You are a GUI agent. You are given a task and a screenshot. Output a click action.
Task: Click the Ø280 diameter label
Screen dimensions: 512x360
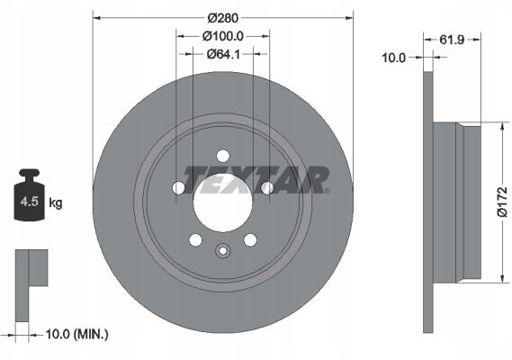(x=223, y=18)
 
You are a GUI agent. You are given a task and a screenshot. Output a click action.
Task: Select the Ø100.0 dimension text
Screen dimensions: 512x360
(x=223, y=36)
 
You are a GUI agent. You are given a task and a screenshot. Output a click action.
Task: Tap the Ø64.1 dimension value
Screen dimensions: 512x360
(x=223, y=54)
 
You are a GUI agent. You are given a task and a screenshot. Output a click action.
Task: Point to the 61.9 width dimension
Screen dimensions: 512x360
(x=452, y=40)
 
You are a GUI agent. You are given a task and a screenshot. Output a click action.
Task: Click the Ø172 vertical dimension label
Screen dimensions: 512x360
(x=502, y=202)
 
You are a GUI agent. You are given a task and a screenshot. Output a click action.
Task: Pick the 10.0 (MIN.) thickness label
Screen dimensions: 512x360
(x=76, y=334)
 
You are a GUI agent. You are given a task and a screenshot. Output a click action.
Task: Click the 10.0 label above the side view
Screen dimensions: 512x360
(x=394, y=58)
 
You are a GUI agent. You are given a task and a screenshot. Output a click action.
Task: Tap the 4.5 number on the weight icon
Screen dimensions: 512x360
(x=30, y=202)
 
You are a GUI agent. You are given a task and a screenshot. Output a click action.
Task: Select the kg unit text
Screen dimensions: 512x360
(x=56, y=203)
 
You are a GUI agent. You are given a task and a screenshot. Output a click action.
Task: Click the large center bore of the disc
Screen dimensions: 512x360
(x=222, y=202)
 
